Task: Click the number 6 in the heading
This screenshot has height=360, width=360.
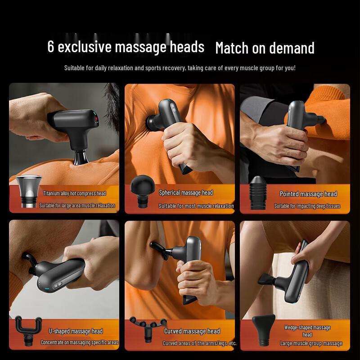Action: (51, 47)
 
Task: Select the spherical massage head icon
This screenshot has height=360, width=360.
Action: (142, 192)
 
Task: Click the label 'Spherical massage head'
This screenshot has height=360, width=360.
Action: (186, 193)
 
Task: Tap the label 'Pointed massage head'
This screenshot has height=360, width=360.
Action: (308, 194)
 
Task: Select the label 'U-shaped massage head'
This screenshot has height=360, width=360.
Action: (76, 331)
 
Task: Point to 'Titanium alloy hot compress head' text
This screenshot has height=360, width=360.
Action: (75, 193)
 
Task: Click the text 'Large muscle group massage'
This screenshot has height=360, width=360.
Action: (311, 343)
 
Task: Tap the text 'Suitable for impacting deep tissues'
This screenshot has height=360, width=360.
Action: (307, 206)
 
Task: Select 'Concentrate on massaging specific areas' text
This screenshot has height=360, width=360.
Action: (79, 342)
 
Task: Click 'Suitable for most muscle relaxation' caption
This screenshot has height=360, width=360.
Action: (196, 206)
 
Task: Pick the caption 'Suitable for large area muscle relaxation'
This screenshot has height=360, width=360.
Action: (77, 206)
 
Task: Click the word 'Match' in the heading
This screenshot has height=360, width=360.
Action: (232, 48)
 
